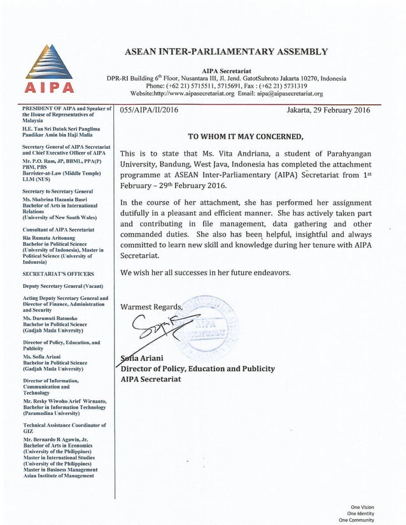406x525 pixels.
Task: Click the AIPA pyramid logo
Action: pyautogui.click(x=49, y=63)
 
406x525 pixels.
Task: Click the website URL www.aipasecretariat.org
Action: pyautogui.click(x=199, y=93)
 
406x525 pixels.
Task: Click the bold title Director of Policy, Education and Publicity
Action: pyautogui.click(x=197, y=369)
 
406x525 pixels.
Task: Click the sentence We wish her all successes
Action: pyautogui.click(x=205, y=273)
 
